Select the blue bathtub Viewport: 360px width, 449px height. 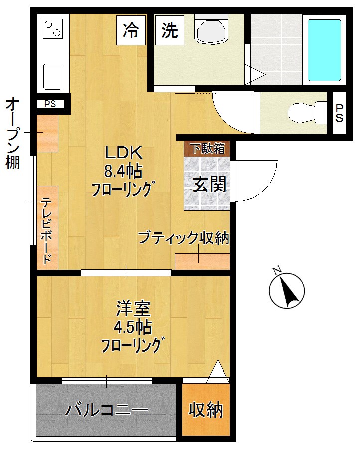pyautogui.click(x=324, y=50)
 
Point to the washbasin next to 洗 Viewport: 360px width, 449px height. pyautogui.click(x=211, y=31)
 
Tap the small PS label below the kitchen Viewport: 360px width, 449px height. pyautogui.click(x=50, y=104)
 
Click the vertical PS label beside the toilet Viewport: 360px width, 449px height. pyautogui.click(x=339, y=113)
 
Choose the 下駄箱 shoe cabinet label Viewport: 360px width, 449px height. pyautogui.click(x=208, y=149)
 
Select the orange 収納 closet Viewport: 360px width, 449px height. pyautogui.click(x=206, y=410)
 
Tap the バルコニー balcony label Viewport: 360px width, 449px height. pyautogui.click(x=107, y=410)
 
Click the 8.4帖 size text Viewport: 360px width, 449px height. pyautogui.click(x=123, y=172)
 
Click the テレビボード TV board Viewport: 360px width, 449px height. pyautogui.click(x=47, y=227)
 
